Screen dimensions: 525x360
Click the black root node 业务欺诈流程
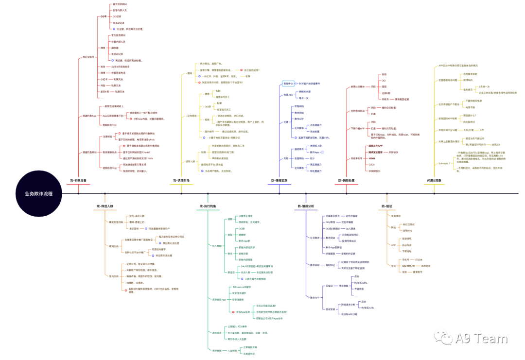(x=39, y=193)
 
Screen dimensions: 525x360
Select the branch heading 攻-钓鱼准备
(x=77, y=181)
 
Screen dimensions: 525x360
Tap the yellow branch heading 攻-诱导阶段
(x=181, y=181)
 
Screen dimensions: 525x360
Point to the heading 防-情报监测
(x=280, y=181)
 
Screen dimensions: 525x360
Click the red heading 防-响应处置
(x=347, y=181)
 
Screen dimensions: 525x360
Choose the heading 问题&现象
(x=434, y=181)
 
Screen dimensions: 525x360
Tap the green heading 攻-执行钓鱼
(x=208, y=206)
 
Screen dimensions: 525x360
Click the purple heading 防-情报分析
(x=306, y=206)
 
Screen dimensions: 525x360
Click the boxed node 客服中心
(x=288, y=83)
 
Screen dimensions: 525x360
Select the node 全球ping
(x=407, y=230)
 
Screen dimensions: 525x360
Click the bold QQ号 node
(x=103, y=17)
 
